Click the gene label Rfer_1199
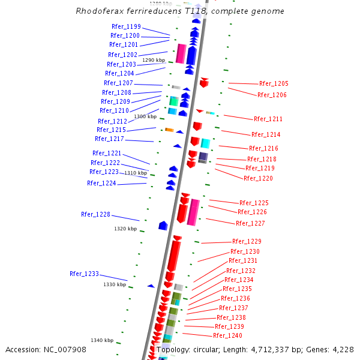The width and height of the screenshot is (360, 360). pyautogui.click(x=126, y=26)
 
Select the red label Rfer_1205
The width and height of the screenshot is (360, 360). pyautogui.click(x=274, y=83)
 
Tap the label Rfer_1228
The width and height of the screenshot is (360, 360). pyautogui.click(x=95, y=214)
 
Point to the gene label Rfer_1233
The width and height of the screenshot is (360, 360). pyautogui.click(x=84, y=274)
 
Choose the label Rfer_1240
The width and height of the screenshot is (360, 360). pyautogui.click(x=227, y=335)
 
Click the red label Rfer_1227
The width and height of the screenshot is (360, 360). pyautogui.click(x=250, y=223)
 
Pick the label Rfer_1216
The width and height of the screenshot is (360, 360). pyautogui.click(x=263, y=148)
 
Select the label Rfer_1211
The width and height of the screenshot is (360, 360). pyautogui.click(x=268, y=119)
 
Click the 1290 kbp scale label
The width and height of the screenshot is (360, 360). pyautogui.click(x=153, y=60)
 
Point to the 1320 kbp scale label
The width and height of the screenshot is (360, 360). pyautogui.click(x=125, y=229)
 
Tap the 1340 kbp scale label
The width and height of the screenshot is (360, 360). pyautogui.click(x=102, y=340)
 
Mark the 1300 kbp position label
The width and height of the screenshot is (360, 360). pyautogui.click(x=145, y=116)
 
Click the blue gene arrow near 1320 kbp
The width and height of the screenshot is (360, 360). pyautogui.click(x=163, y=226)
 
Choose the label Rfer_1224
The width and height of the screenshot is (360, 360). pyautogui.click(x=101, y=183)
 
